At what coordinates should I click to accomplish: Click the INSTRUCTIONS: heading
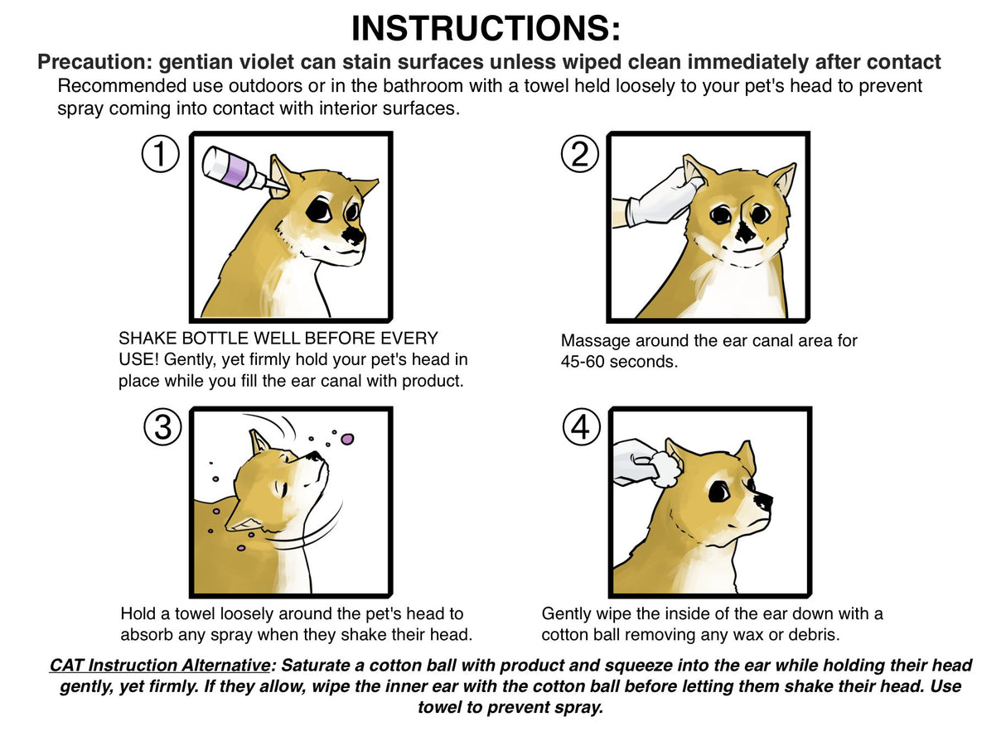click(x=486, y=28)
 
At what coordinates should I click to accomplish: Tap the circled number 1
click(x=160, y=154)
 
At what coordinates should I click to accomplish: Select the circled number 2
click(x=580, y=154)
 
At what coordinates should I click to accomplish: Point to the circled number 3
click(x=162, y=427)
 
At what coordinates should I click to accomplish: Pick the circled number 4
click(x=581, y=427)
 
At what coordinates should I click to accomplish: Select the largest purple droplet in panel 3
click(x=347, y=439)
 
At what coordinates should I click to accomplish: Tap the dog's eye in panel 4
click(x=719, y=492)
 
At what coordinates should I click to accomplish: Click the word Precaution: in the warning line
click(x=95, y=62)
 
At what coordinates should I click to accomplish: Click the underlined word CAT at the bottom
click(x=66, y=665)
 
